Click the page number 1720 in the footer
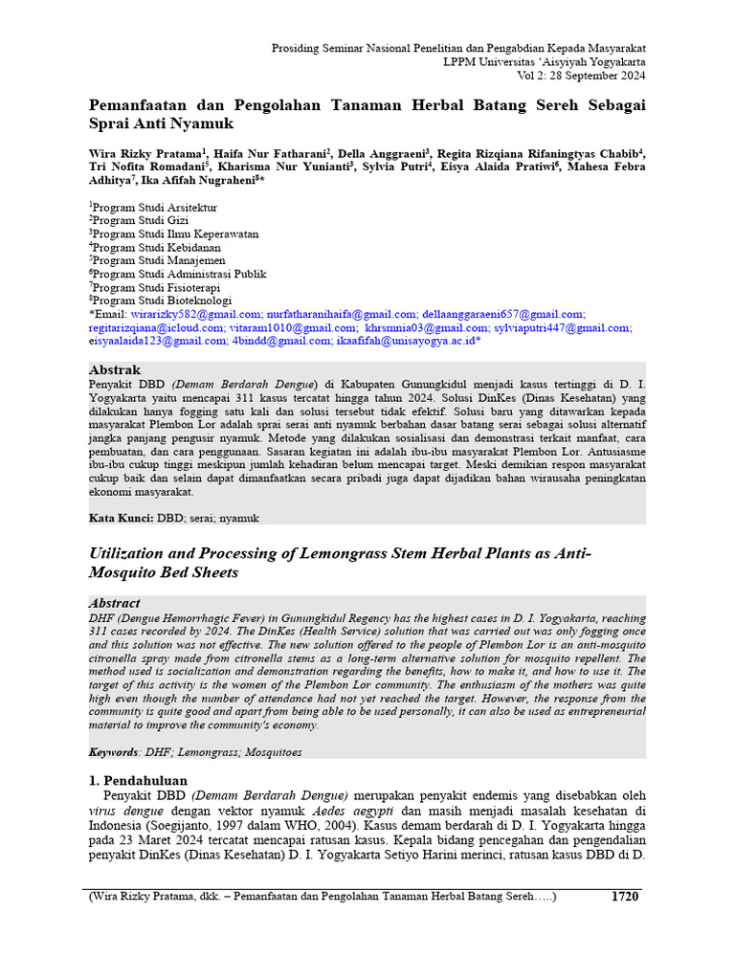624,897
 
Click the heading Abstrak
114,369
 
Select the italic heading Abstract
114,603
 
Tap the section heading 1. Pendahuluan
138,780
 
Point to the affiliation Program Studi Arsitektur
154,207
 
